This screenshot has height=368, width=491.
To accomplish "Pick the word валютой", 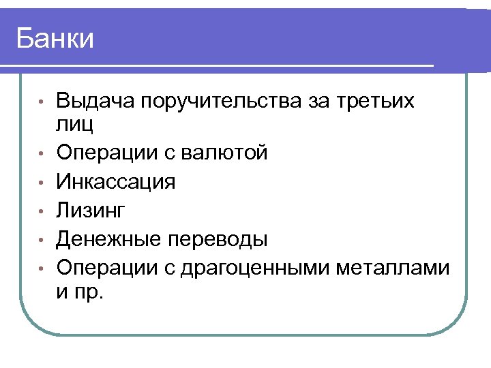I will (x=225, y=153).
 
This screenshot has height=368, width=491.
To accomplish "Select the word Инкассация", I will (x=116, y=182).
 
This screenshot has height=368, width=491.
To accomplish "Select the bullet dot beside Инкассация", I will (x=41, y=183).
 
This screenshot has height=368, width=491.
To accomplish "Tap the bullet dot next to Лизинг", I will (x=41, y=211).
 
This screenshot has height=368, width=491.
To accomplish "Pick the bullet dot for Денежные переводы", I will (x=41, y=240).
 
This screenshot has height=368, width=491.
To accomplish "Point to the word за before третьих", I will (x=316, y=102).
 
